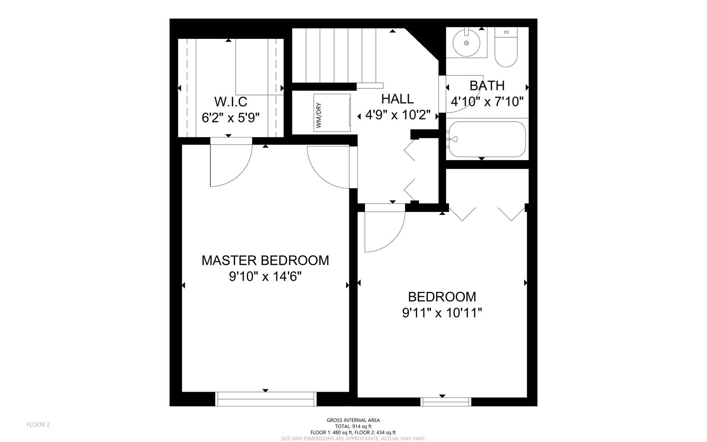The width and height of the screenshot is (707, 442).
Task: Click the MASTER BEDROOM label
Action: click(x=265, y=260)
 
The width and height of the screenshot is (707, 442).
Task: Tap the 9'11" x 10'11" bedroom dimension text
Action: click(x=442, y=313)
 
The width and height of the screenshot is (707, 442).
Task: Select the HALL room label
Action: click(x=397, y=99)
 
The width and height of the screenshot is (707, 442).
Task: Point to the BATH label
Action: click(x=487, y=86)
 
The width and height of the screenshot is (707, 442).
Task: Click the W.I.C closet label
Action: click(x=231, y=101)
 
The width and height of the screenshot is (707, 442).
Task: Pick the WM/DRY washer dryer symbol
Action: click(x=332, y=113)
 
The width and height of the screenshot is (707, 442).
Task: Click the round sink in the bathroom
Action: click(x=466, y=43)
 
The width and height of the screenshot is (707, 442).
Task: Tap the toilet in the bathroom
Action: click(x=506, y=47)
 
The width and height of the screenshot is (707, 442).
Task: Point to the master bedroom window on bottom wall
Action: click(x=266, y=399)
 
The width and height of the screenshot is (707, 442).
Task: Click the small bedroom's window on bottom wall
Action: click(x=446, y=401)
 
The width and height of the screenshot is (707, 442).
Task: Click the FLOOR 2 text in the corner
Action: click(x=38, y=424)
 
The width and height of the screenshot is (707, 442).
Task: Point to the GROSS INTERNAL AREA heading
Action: click(x=353, y=420)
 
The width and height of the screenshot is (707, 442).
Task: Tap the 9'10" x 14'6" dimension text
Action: click(x=265, y=277)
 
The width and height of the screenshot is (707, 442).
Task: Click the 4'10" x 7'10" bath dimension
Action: click(x=487, y=101)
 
